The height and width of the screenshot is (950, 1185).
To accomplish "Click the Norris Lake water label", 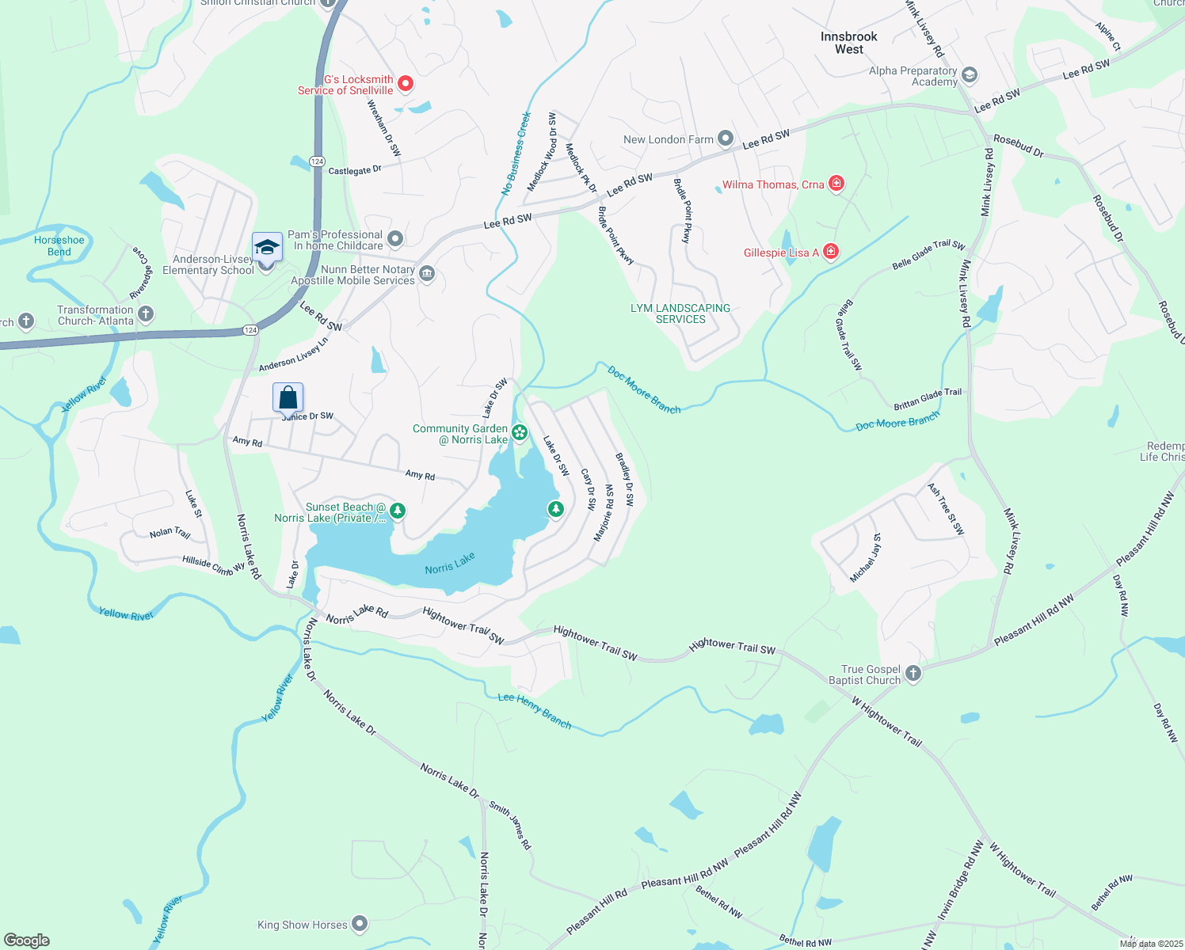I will pos(450,563).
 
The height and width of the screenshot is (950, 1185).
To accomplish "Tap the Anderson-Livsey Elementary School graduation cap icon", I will pos(267,247).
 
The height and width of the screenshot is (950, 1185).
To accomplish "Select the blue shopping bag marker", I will pos(288,397).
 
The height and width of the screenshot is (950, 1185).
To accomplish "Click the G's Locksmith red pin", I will pos(406,83).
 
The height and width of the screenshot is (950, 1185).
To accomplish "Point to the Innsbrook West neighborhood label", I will pos(849,43).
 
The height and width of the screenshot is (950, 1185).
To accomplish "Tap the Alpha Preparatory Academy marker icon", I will pos(970,76).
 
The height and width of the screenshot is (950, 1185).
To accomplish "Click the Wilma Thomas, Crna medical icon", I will pos(836,184).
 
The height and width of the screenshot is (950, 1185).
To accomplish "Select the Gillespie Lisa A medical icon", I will pos(831,252).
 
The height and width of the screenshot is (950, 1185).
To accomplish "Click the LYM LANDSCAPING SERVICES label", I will pos(680,313).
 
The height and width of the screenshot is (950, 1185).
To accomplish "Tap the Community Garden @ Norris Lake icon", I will pos(520,432).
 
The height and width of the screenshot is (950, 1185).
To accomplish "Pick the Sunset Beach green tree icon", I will pos(398,511).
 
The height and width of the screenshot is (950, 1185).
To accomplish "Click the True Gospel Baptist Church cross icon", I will pos(913,674).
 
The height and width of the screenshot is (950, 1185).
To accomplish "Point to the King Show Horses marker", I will pos(360,924).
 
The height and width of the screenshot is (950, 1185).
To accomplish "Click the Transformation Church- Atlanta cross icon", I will pos(146,314).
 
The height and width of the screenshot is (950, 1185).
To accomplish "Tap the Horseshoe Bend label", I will pos(59,246).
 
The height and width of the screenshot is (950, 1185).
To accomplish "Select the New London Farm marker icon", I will pos(726,139).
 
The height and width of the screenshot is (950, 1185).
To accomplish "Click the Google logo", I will pos(27,940).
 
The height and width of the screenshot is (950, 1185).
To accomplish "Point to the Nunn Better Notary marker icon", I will pos(427,274).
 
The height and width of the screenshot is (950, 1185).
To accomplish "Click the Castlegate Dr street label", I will pos(355,170).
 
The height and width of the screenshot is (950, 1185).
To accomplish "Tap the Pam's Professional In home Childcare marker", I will pos(395,239).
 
